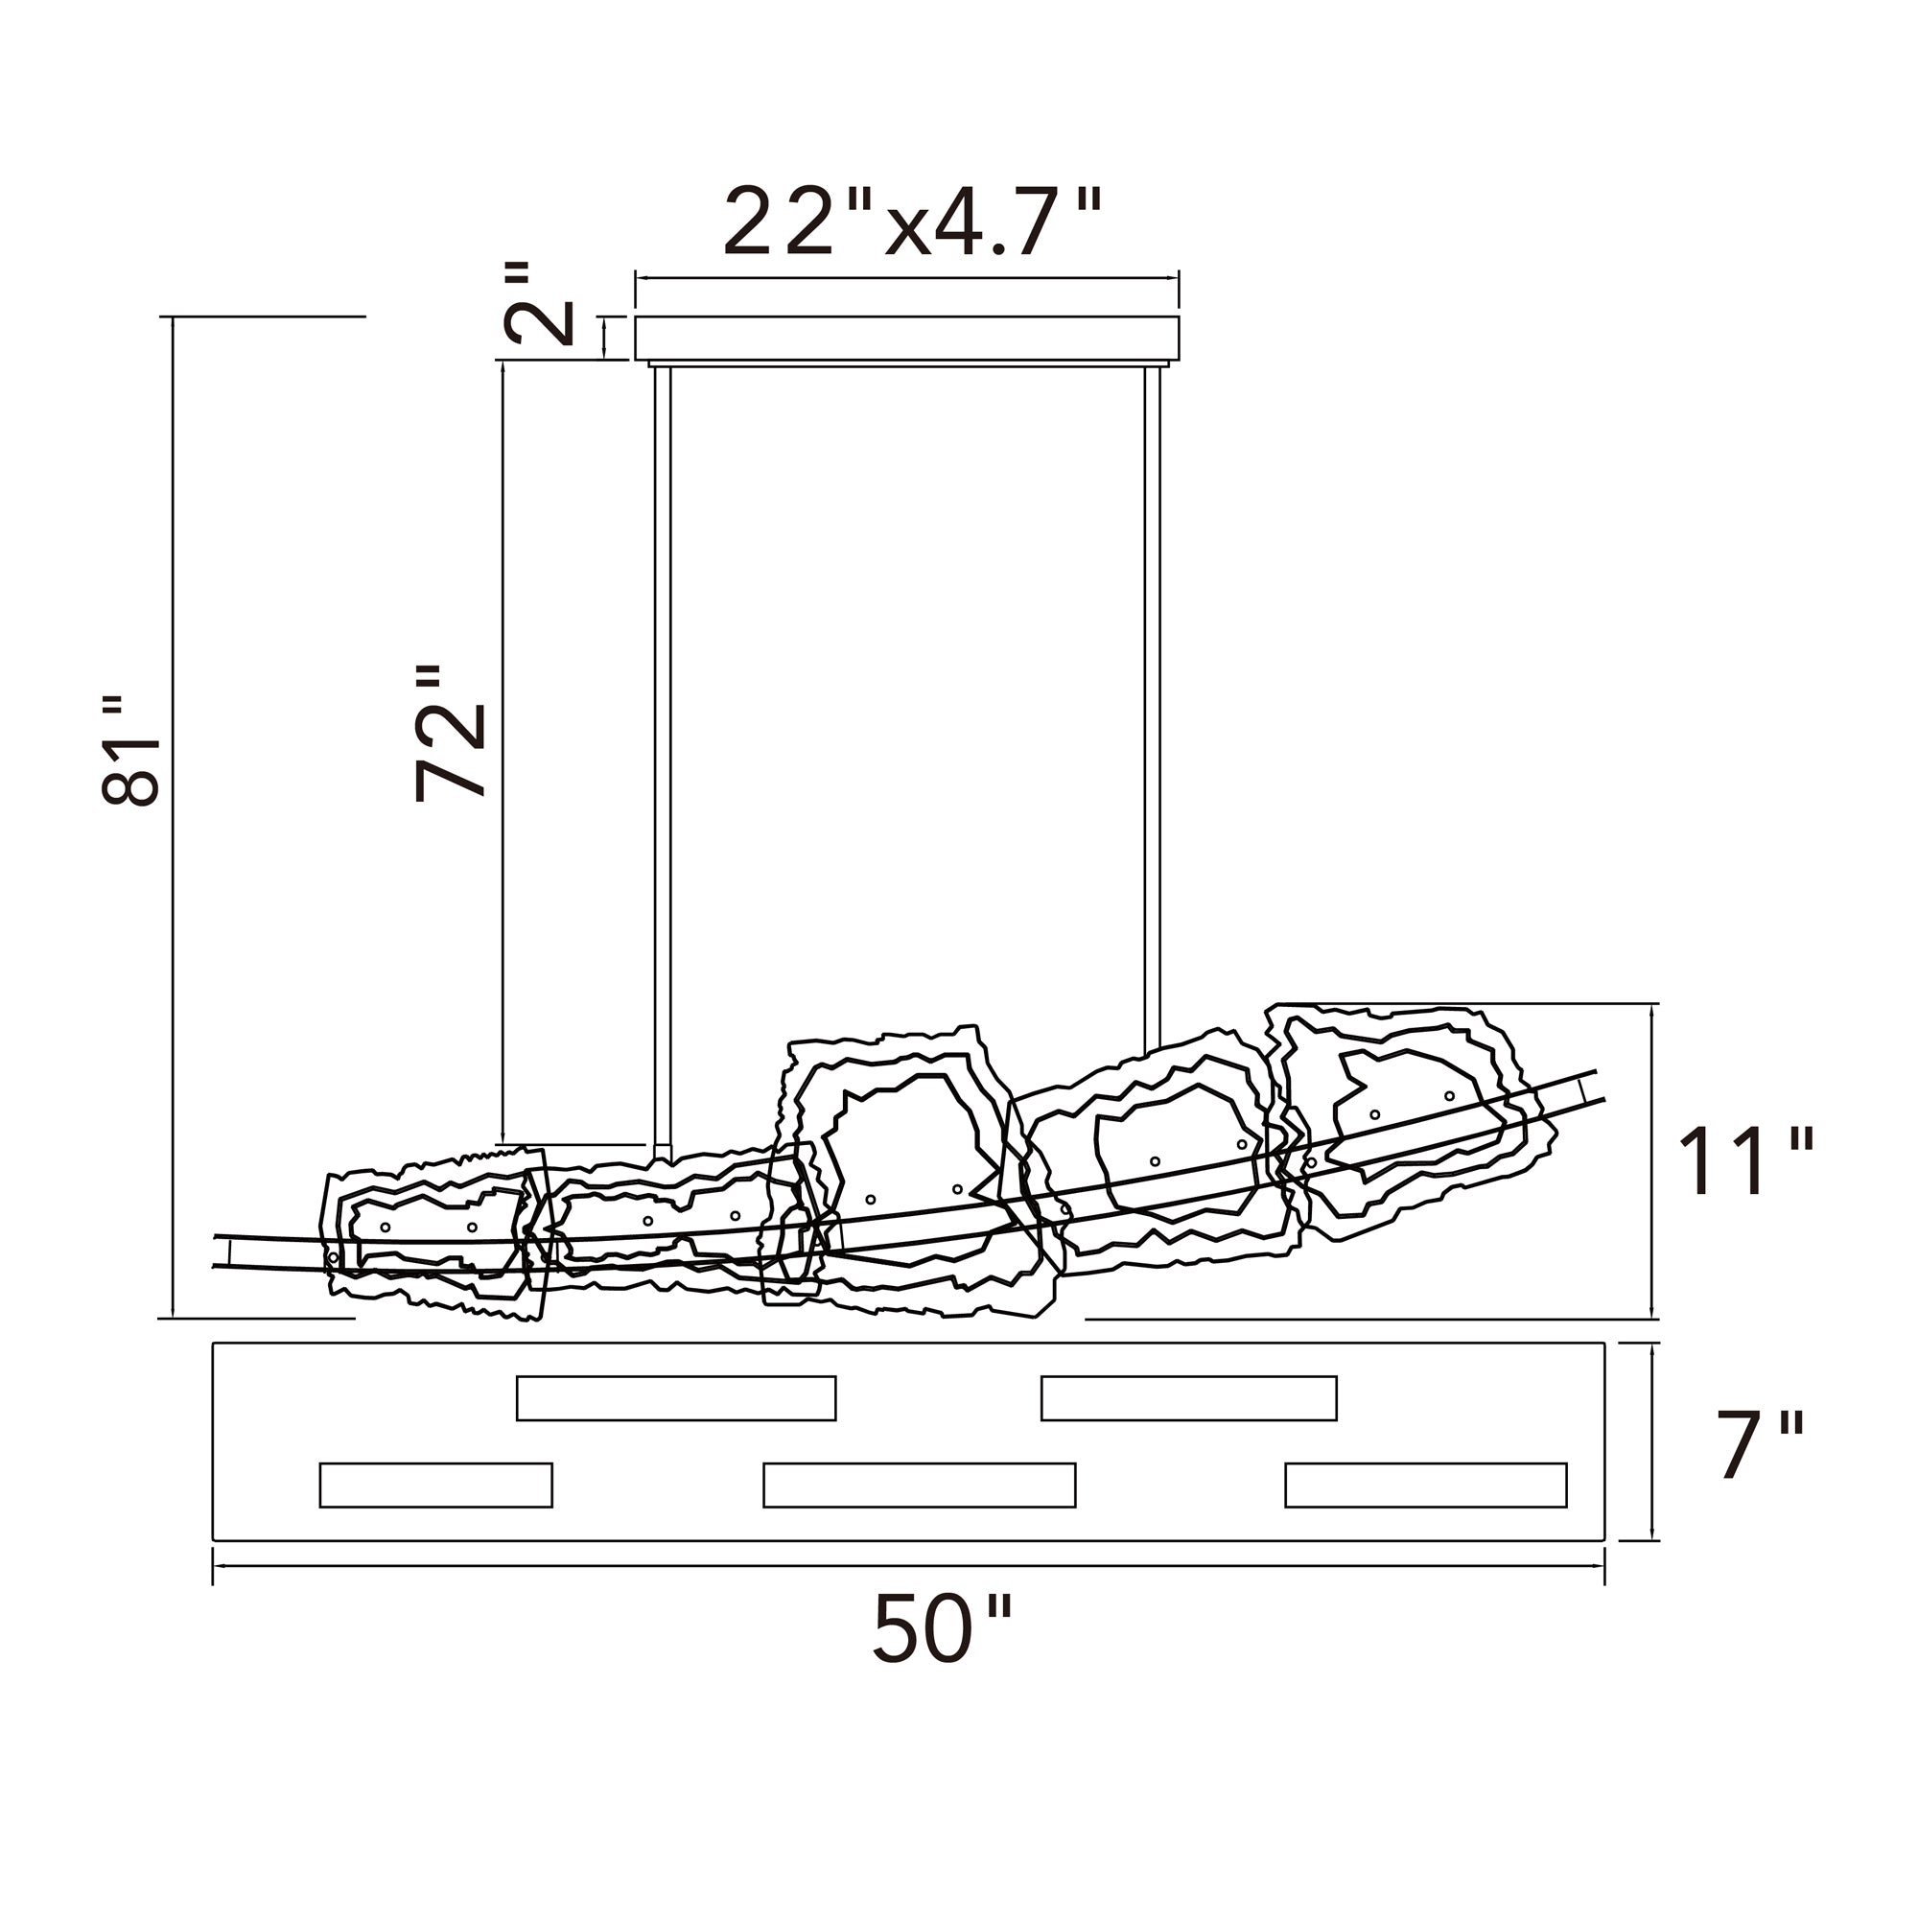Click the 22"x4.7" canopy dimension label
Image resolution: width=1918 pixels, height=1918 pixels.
(x=912, y=222)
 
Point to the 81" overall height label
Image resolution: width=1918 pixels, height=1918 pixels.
(x=130, y=751)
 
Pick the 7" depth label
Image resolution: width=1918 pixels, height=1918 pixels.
(x=1759, y=1444)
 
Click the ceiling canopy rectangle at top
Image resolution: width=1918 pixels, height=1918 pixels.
(x=906, y=339)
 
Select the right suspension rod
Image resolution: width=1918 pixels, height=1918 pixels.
(x=1152, y=710)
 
